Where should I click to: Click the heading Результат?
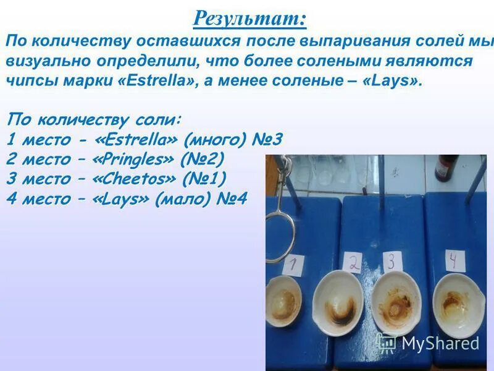[249, 18]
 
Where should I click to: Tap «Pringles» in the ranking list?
[133, 159]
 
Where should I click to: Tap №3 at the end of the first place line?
[267, 139]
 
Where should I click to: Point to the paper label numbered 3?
[390, 261]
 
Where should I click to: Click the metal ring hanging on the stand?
[279, 232]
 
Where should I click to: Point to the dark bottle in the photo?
[446, 167]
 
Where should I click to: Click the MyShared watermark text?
[440, 343]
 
